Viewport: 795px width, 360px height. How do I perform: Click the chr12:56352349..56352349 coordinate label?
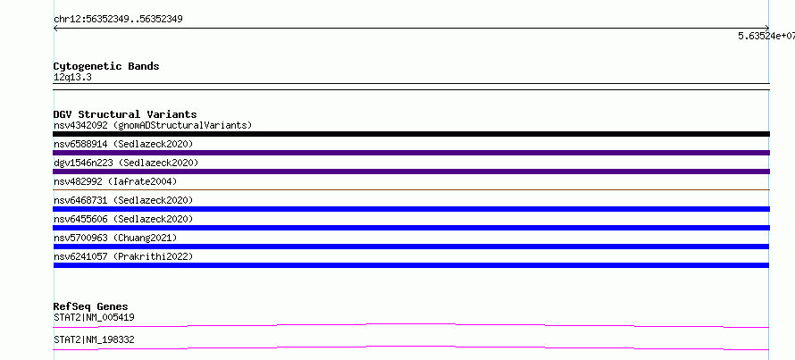point(118,20)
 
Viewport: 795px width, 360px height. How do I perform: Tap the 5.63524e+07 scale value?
point(766,36)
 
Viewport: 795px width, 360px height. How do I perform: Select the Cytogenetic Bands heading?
point(106,66)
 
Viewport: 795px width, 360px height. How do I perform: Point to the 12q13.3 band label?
point(72,78)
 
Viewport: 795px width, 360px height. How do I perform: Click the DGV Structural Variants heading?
point(125,114)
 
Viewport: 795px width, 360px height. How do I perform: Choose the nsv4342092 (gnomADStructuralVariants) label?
point(153,125)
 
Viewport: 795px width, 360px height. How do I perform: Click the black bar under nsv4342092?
point(411,134)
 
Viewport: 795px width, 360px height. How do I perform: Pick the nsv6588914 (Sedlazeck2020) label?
point(123,144)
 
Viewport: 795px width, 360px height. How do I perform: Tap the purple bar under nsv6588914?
point(411,153)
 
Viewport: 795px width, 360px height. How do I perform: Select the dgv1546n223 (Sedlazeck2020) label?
point(126,163)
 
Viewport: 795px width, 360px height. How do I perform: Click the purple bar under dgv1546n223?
point(411,172)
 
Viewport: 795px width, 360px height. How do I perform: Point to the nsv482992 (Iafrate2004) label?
point(115,181)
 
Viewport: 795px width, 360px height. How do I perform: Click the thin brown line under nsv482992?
point(411,189)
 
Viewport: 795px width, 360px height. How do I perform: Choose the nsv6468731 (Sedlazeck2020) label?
point(123,200)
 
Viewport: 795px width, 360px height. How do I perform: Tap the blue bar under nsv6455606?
point(411,228)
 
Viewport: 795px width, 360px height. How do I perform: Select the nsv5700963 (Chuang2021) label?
point(115,238)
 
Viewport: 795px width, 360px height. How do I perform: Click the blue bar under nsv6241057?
point(411,265)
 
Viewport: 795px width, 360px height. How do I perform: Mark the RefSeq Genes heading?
point(91,306)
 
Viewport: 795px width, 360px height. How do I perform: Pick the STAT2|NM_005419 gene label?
point(94,317)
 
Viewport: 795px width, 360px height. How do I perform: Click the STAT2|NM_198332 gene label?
point(94,339)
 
